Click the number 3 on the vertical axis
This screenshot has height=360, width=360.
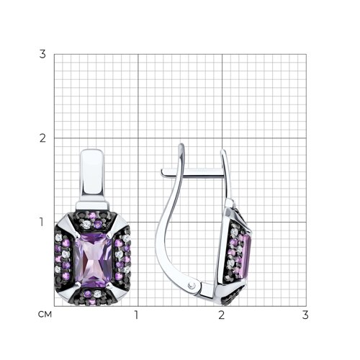(42, 54)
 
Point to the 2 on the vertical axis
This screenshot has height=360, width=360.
(42, 138)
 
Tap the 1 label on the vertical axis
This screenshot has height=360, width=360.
(42, 222)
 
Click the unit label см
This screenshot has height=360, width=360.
(45, 314)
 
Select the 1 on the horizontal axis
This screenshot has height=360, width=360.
(136, 315)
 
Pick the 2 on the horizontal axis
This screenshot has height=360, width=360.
(221, 315)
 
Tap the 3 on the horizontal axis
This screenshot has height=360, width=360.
(305, 315)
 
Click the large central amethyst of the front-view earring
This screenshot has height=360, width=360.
(94, 261)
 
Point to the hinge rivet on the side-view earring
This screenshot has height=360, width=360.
(192, 285)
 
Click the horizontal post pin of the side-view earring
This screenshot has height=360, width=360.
(193, 173)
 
